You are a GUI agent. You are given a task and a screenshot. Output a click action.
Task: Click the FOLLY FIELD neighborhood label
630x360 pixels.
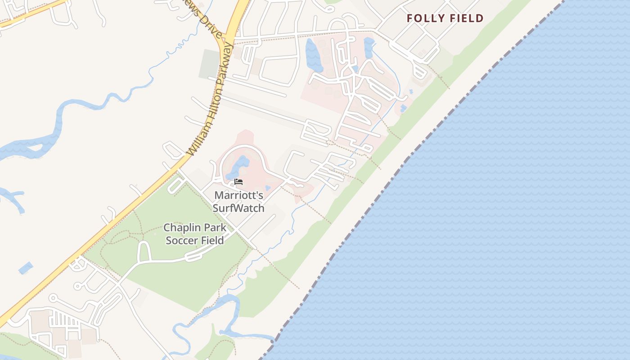pos(445,18)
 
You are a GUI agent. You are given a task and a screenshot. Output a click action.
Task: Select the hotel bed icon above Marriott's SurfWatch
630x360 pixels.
pos(238,182)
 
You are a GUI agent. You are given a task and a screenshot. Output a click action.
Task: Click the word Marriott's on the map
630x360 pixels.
pos(238,195)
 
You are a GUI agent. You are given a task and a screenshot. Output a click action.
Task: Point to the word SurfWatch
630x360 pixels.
pos(238,208)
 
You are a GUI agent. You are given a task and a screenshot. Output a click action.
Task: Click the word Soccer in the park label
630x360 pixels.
pos(182,240)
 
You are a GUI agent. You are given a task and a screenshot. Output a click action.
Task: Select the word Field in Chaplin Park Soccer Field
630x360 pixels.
pos(211,240)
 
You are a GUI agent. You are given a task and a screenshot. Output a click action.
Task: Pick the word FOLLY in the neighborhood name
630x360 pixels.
pos(423,18)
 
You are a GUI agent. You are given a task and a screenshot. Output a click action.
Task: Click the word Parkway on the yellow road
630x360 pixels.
pos(225,63)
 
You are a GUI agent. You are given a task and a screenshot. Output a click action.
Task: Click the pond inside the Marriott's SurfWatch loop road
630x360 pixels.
pos(238,166)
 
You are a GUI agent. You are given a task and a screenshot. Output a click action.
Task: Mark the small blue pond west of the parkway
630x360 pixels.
pos(26,268)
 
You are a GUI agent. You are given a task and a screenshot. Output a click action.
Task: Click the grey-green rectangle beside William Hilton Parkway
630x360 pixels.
pos(210,63)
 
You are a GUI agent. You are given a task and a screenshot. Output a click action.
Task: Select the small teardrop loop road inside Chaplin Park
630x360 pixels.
pos(144,251)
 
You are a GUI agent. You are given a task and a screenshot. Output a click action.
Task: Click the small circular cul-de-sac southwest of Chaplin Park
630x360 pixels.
pos(77,286)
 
